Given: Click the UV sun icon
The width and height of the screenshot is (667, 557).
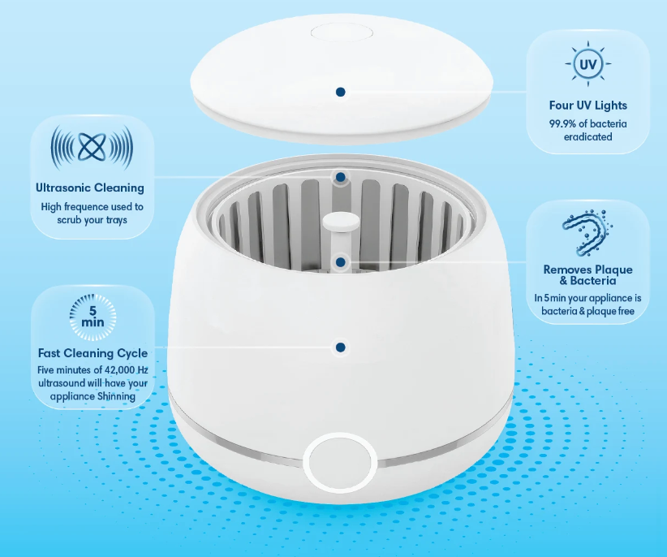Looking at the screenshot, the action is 587,64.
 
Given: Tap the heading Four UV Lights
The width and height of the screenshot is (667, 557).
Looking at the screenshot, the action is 587,105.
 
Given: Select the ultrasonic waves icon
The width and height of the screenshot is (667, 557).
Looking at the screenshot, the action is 92,148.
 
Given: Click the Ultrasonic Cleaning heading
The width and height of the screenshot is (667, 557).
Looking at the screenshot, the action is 90,188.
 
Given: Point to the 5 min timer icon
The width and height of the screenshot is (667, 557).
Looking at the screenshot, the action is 93,317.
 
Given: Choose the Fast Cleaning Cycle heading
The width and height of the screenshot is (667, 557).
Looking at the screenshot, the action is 93,353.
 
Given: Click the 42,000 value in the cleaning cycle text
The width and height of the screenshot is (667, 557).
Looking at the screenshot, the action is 120,369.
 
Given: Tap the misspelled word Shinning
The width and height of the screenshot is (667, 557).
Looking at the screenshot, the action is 116,396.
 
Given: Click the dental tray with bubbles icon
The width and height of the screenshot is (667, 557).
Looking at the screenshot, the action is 587,232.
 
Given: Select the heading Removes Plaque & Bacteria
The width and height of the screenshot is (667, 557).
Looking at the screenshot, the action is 587,275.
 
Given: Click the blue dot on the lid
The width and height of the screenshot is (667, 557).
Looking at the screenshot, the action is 340,92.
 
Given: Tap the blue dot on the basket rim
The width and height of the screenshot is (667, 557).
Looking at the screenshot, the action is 340,177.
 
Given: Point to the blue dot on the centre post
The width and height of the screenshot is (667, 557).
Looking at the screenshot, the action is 340,262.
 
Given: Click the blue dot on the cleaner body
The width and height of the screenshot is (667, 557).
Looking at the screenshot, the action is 340,348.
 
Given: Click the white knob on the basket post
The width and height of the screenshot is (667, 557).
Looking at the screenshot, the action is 341,222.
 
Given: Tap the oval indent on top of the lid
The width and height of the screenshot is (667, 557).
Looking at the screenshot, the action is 342,32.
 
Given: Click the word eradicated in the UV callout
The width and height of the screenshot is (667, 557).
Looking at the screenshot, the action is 587,136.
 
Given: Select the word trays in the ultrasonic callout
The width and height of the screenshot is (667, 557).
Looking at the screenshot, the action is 117,220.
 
